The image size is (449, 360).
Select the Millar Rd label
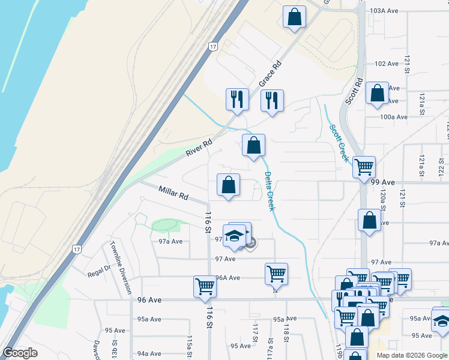click(173, 193)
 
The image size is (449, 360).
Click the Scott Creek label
click(339, 143)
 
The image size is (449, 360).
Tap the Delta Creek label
click(270, 191)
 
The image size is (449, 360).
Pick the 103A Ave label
click(384, 11)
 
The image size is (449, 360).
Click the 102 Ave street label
click(387, 64)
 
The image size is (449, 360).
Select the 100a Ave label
click(393, 116)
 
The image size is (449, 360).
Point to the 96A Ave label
click(228, 278)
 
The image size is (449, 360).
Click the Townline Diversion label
click(120, 268)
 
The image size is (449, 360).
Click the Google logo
click(20, 353)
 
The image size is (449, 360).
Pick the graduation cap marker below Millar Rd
click(234, 235)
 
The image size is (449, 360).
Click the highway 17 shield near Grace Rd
click(213, 46)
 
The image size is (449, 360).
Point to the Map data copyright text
click(412, 355)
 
